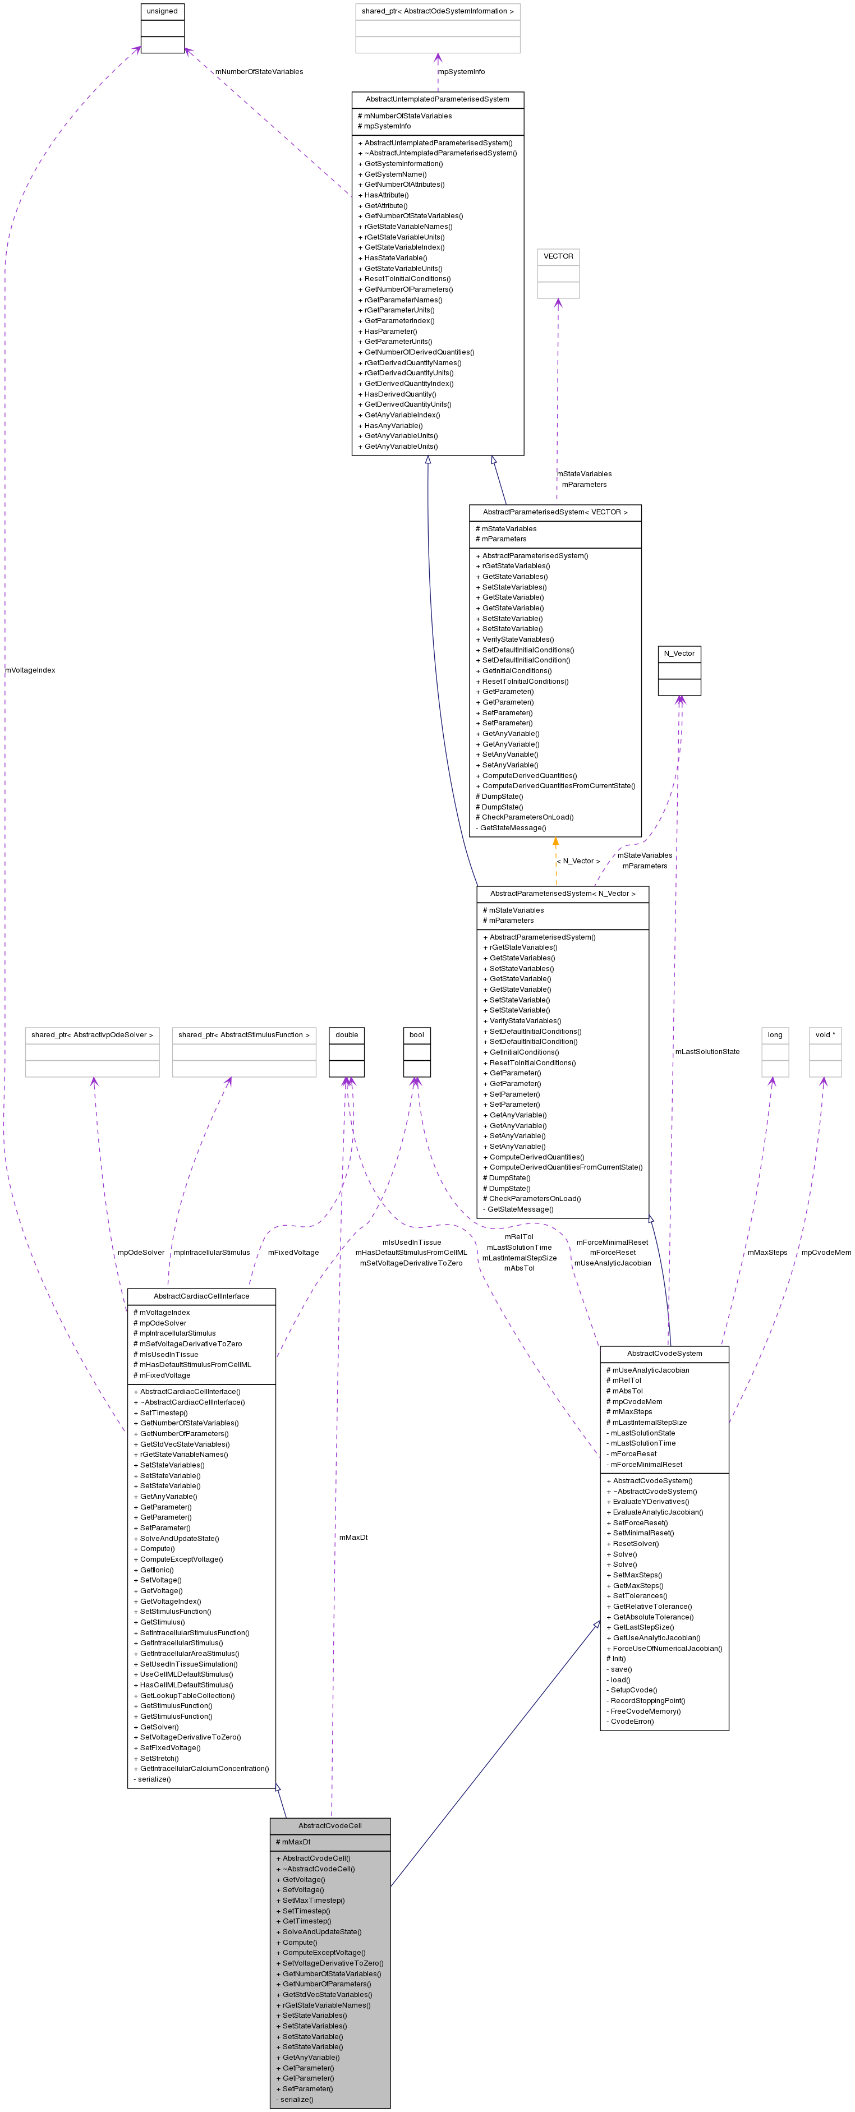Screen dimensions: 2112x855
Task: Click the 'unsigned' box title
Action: point(162,11)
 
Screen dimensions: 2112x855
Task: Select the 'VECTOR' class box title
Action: point(558,256)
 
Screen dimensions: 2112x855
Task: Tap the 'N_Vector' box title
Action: point(679,654)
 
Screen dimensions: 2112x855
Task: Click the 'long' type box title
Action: point(775,1034)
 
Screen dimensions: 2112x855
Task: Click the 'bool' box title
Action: point(416,1034)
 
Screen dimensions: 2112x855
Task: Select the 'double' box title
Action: point(347,1034)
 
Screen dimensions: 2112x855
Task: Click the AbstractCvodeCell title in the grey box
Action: point(329,1825)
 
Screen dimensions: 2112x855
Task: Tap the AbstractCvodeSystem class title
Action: point(664,1353)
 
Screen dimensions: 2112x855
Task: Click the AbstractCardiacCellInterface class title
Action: point(201,1295)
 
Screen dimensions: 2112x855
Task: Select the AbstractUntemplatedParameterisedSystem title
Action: point(437,99)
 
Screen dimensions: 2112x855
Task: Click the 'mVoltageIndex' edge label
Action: point(30,670)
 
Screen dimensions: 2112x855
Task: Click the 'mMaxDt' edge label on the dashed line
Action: point(353,1536)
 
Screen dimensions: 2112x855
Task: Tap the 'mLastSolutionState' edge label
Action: point(707,1051)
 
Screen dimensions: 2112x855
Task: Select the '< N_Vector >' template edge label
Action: point(578,861)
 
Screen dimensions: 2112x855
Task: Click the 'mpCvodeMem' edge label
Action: point(825,1252)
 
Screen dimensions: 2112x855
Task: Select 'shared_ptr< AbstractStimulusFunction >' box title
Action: point(244,1034)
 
